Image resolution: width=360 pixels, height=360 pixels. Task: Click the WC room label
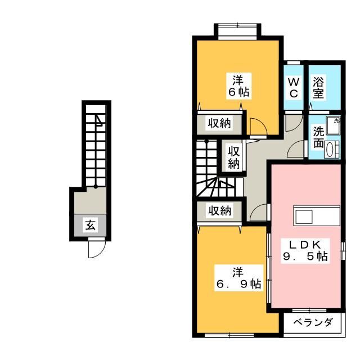[294, 87]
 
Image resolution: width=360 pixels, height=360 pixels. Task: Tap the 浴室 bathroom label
[318, 87]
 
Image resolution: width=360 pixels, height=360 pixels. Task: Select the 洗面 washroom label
[319, 138]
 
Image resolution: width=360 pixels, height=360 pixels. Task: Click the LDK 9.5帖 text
[305, 250]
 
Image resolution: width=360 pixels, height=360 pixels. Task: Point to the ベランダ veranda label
[313, 322]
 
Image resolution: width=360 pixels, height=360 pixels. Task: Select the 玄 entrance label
[91, 226]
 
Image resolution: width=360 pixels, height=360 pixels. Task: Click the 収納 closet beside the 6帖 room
[219, 124]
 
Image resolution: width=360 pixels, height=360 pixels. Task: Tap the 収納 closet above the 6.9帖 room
[219, 210]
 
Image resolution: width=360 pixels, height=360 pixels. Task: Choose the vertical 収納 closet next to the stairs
[234, 157]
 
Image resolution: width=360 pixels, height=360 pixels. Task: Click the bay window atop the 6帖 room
[237, 30]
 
